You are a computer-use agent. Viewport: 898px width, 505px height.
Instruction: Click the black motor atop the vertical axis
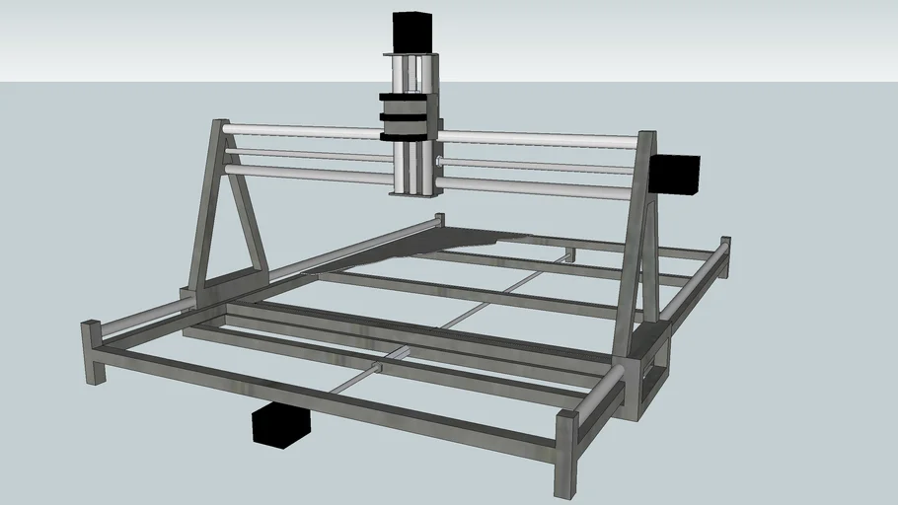click(412, 32)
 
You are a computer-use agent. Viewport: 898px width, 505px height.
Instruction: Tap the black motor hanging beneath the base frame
click(281, 424)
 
